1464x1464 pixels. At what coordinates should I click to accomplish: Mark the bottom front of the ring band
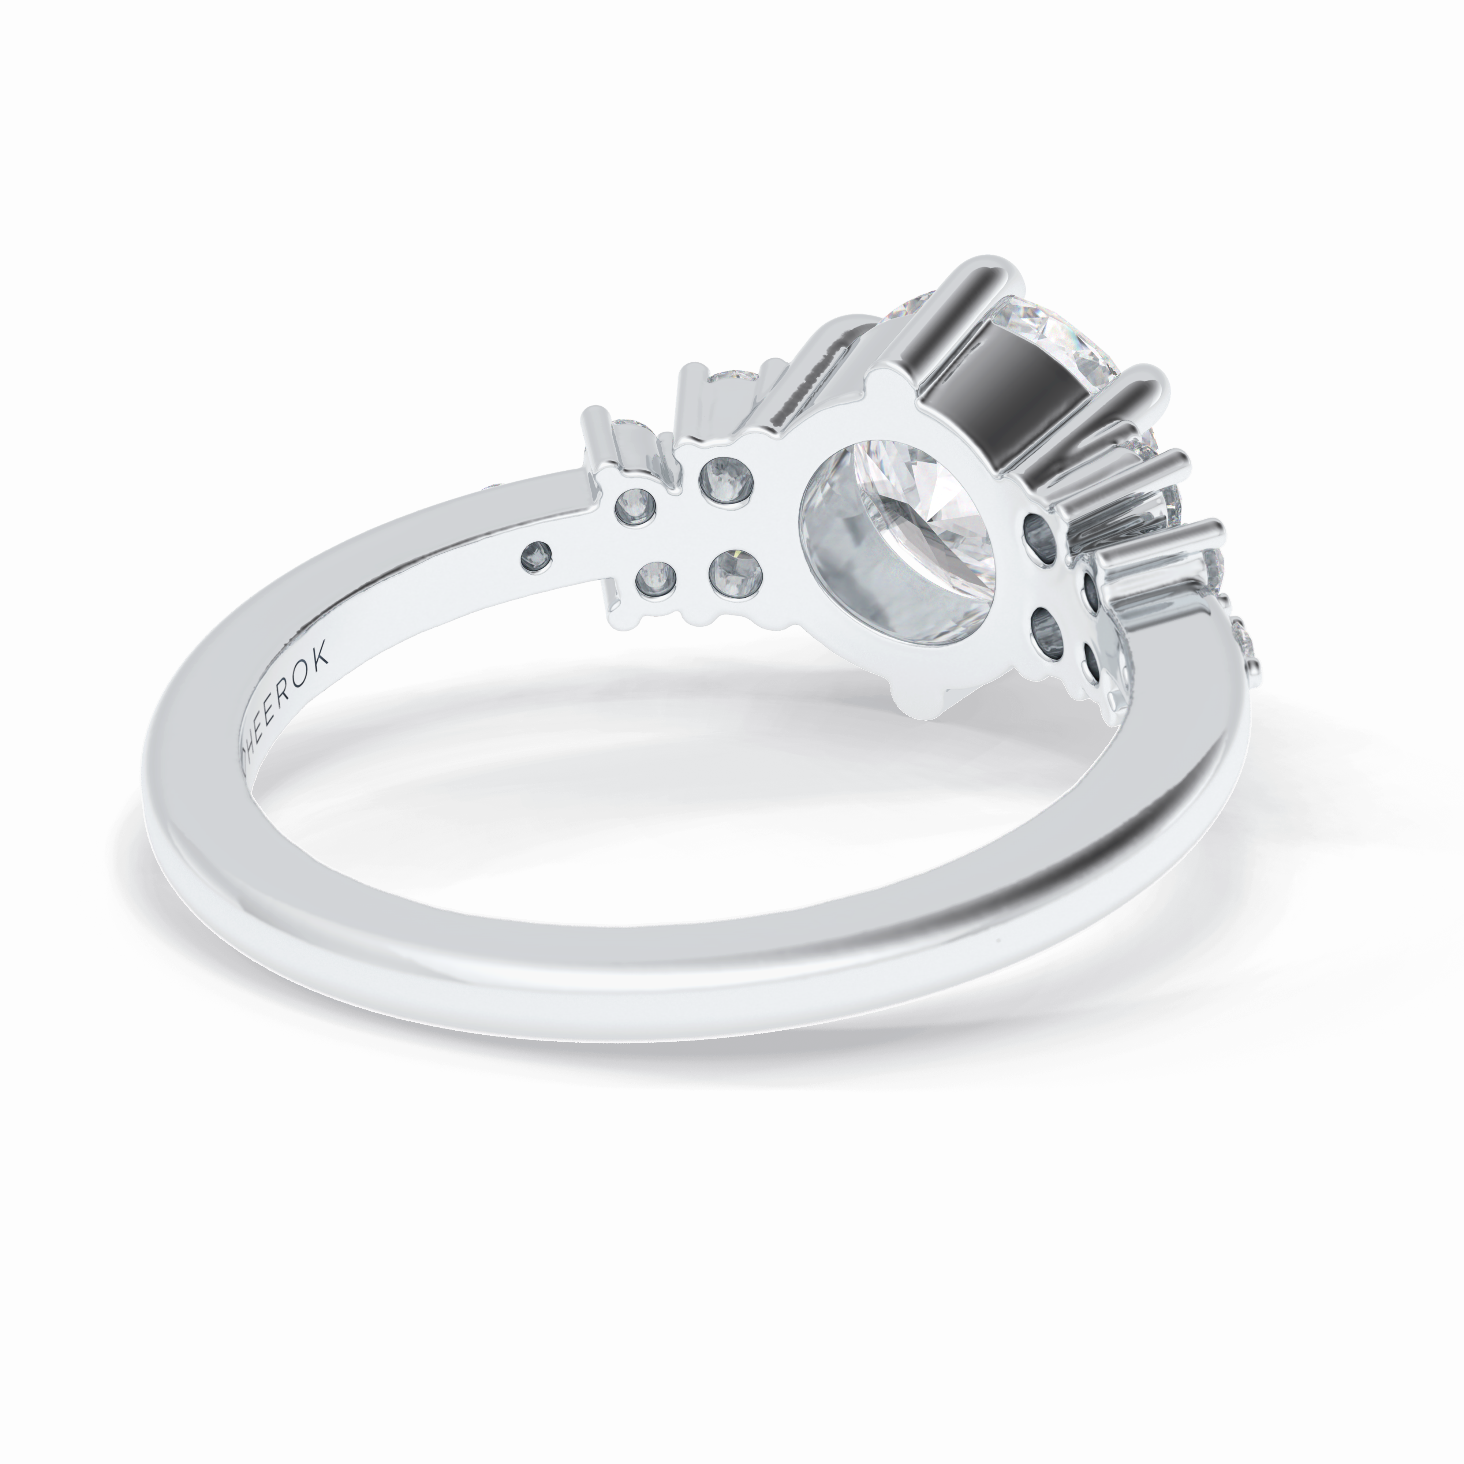682,978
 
